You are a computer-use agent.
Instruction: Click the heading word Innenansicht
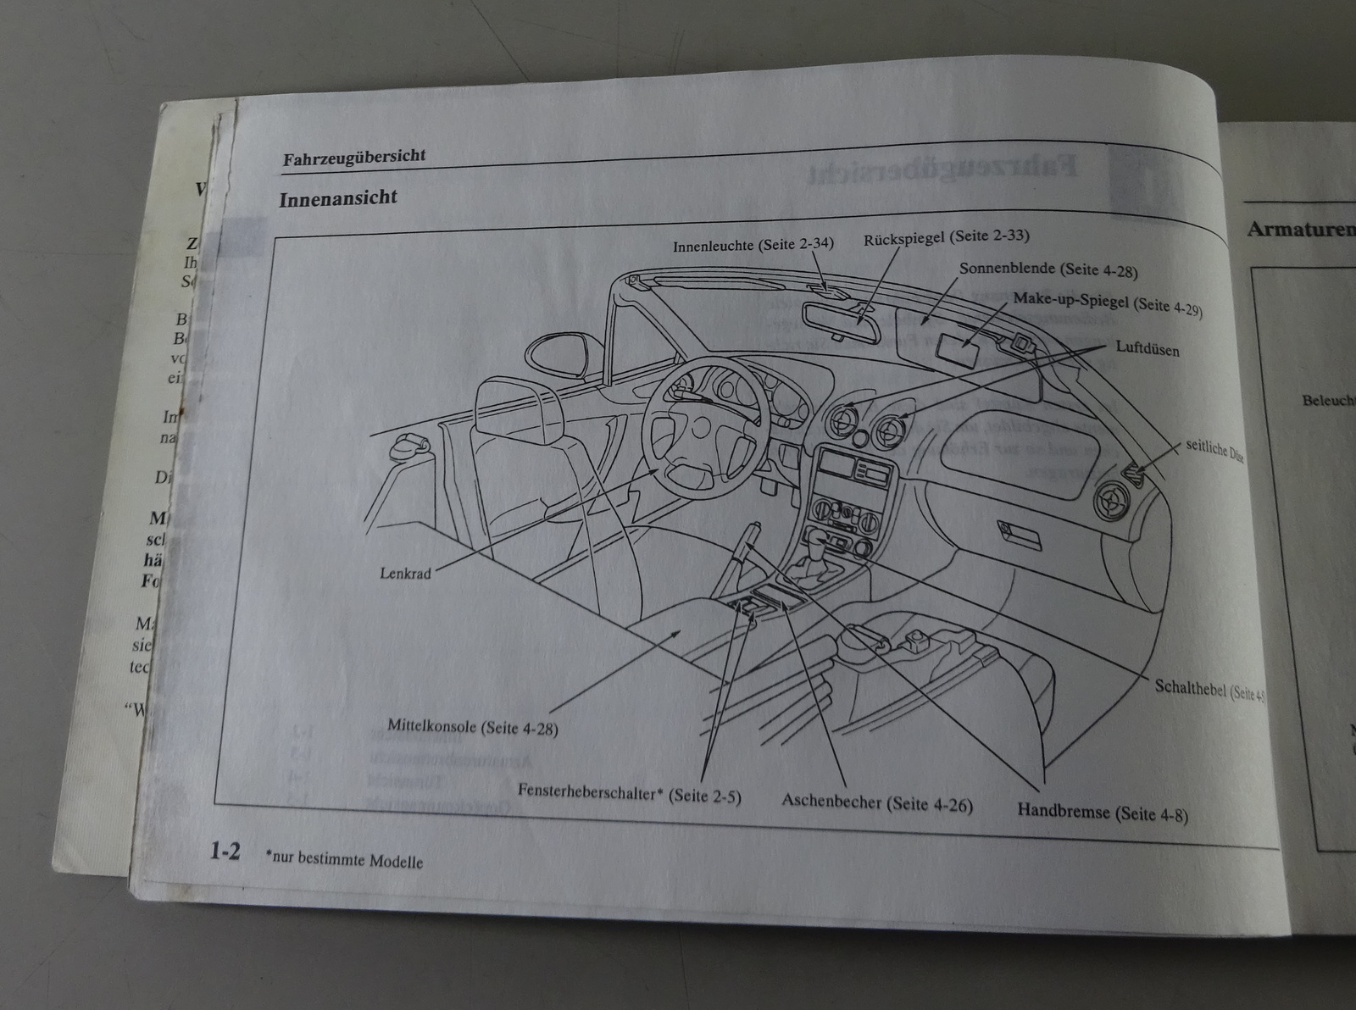coord(338,198)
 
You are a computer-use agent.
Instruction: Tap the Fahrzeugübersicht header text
coord(354,157)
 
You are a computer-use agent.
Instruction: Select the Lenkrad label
coord(405,574)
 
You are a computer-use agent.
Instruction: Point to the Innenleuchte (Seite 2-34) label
coord(753,245)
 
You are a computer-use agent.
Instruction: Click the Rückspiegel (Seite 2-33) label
coord(946,238)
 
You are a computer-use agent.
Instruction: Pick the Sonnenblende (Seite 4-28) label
coord(1048,269)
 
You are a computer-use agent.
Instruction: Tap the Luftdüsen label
coord(1147,348)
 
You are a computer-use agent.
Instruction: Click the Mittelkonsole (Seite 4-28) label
coord(473,727)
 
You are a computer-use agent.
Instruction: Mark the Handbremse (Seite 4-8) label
coord(1102,813)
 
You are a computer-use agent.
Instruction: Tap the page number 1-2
coord(225,852)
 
